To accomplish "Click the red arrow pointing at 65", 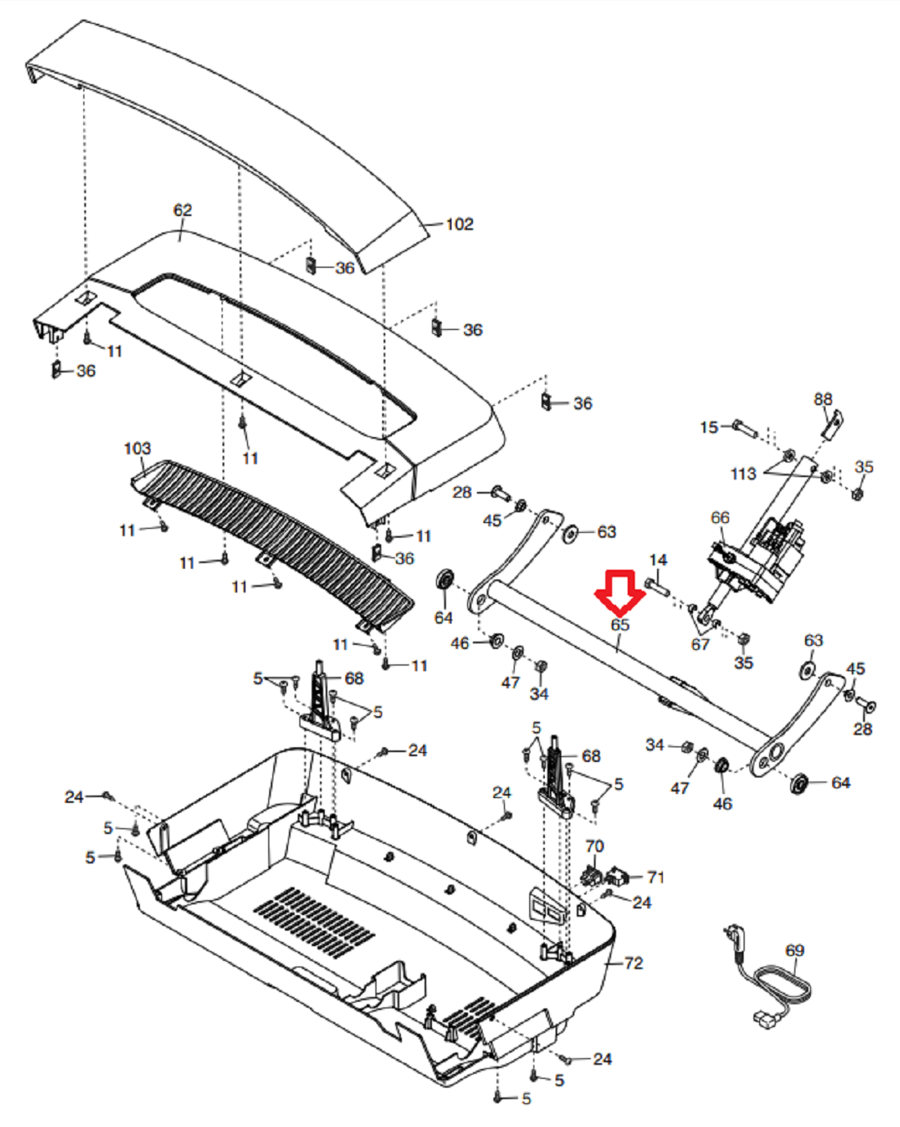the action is coord(620,593).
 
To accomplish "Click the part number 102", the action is coord(459,224).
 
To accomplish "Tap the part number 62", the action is coord(182,210).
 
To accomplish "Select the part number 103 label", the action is coord(137,449).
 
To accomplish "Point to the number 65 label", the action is coord(620,624).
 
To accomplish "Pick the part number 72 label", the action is coord(633,963).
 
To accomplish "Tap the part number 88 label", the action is coord(822,399).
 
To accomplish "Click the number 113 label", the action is coord(744,474).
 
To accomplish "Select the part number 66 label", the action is coord(720,518).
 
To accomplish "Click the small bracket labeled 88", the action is coord(832,424).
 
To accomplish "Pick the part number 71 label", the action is coord(655,877).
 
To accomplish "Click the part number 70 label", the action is coord(594,846).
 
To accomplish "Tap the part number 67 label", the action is coord(700,644).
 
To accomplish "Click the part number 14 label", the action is coord(658,560).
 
